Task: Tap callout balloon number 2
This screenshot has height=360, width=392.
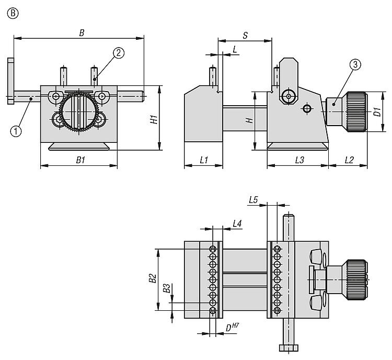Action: pyautogui.click(x=119, y=52)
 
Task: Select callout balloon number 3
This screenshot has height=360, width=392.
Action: pyautogui.click(x=355, y=64)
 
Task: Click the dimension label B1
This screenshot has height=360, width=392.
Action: pyautogui.click(x=80, y=160)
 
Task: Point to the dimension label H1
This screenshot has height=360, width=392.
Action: pyautogui.click(x=154, y=120)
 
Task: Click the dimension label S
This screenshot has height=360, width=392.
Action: pyautogui.click(x=245, y=35)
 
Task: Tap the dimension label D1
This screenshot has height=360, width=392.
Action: pyautogui.click(x=376, y=111)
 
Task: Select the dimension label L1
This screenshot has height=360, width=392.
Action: pyautogui.click(x=204, y=160)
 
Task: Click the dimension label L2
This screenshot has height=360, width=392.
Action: pyautogui.click(x=348, y=160)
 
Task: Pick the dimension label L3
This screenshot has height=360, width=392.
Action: pyautogui.click(x=299, y=160)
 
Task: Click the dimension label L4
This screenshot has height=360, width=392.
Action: pyautogui.click(x=237, y=223)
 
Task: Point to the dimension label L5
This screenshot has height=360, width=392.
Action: pyautogui.click(x=253, y=199)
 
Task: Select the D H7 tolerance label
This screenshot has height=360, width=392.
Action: pyautogui.click(x=232, y=328)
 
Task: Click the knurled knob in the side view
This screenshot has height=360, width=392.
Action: pyautogui.click(x=354, y=109)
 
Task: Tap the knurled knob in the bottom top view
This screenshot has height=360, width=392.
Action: pyautogui.click(x=354, y=277)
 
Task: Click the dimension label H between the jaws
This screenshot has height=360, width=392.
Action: pyautogui.click(x=250, y=120)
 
